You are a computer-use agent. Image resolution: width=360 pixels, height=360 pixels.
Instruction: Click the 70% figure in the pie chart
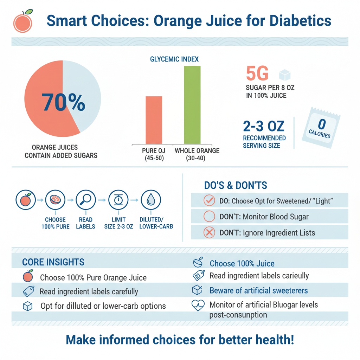point(63,102)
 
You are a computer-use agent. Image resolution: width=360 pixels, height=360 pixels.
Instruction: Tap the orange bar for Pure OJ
point(154,120)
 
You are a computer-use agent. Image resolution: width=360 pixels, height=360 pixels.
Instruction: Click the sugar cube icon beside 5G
point(284,75)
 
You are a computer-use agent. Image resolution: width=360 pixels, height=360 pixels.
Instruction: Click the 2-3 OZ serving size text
point(264,126)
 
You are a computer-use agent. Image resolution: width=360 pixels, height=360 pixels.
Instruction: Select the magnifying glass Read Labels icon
point(85,200)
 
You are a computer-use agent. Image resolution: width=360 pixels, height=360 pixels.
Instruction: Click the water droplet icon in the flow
point(151,200)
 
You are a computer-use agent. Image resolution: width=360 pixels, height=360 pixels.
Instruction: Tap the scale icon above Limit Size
point(118,200)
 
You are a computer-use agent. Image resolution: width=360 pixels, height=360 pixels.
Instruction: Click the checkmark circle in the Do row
point(209,201)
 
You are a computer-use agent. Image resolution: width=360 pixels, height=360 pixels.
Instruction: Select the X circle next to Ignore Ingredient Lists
point(209,232)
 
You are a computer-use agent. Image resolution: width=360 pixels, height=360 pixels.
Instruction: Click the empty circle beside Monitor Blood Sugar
point(209,217)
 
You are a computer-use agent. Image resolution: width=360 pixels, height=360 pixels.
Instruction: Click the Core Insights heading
point(53,262)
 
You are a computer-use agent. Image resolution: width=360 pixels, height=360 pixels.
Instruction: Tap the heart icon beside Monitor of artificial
point(198,305)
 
